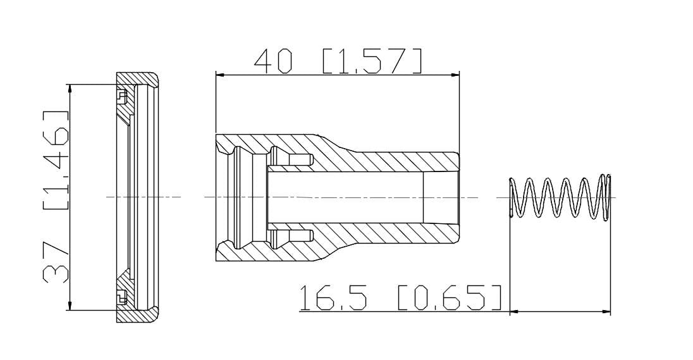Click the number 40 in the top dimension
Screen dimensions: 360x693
[274, 61]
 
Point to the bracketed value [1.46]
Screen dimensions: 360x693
[56, 161]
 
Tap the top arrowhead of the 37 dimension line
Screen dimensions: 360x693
[70, 89]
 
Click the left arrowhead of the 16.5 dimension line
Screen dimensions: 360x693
[513, 311]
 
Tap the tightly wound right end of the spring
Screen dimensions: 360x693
[606, 197]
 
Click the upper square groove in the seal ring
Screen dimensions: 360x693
[121, 96]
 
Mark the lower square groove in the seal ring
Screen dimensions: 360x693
[121, 295]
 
